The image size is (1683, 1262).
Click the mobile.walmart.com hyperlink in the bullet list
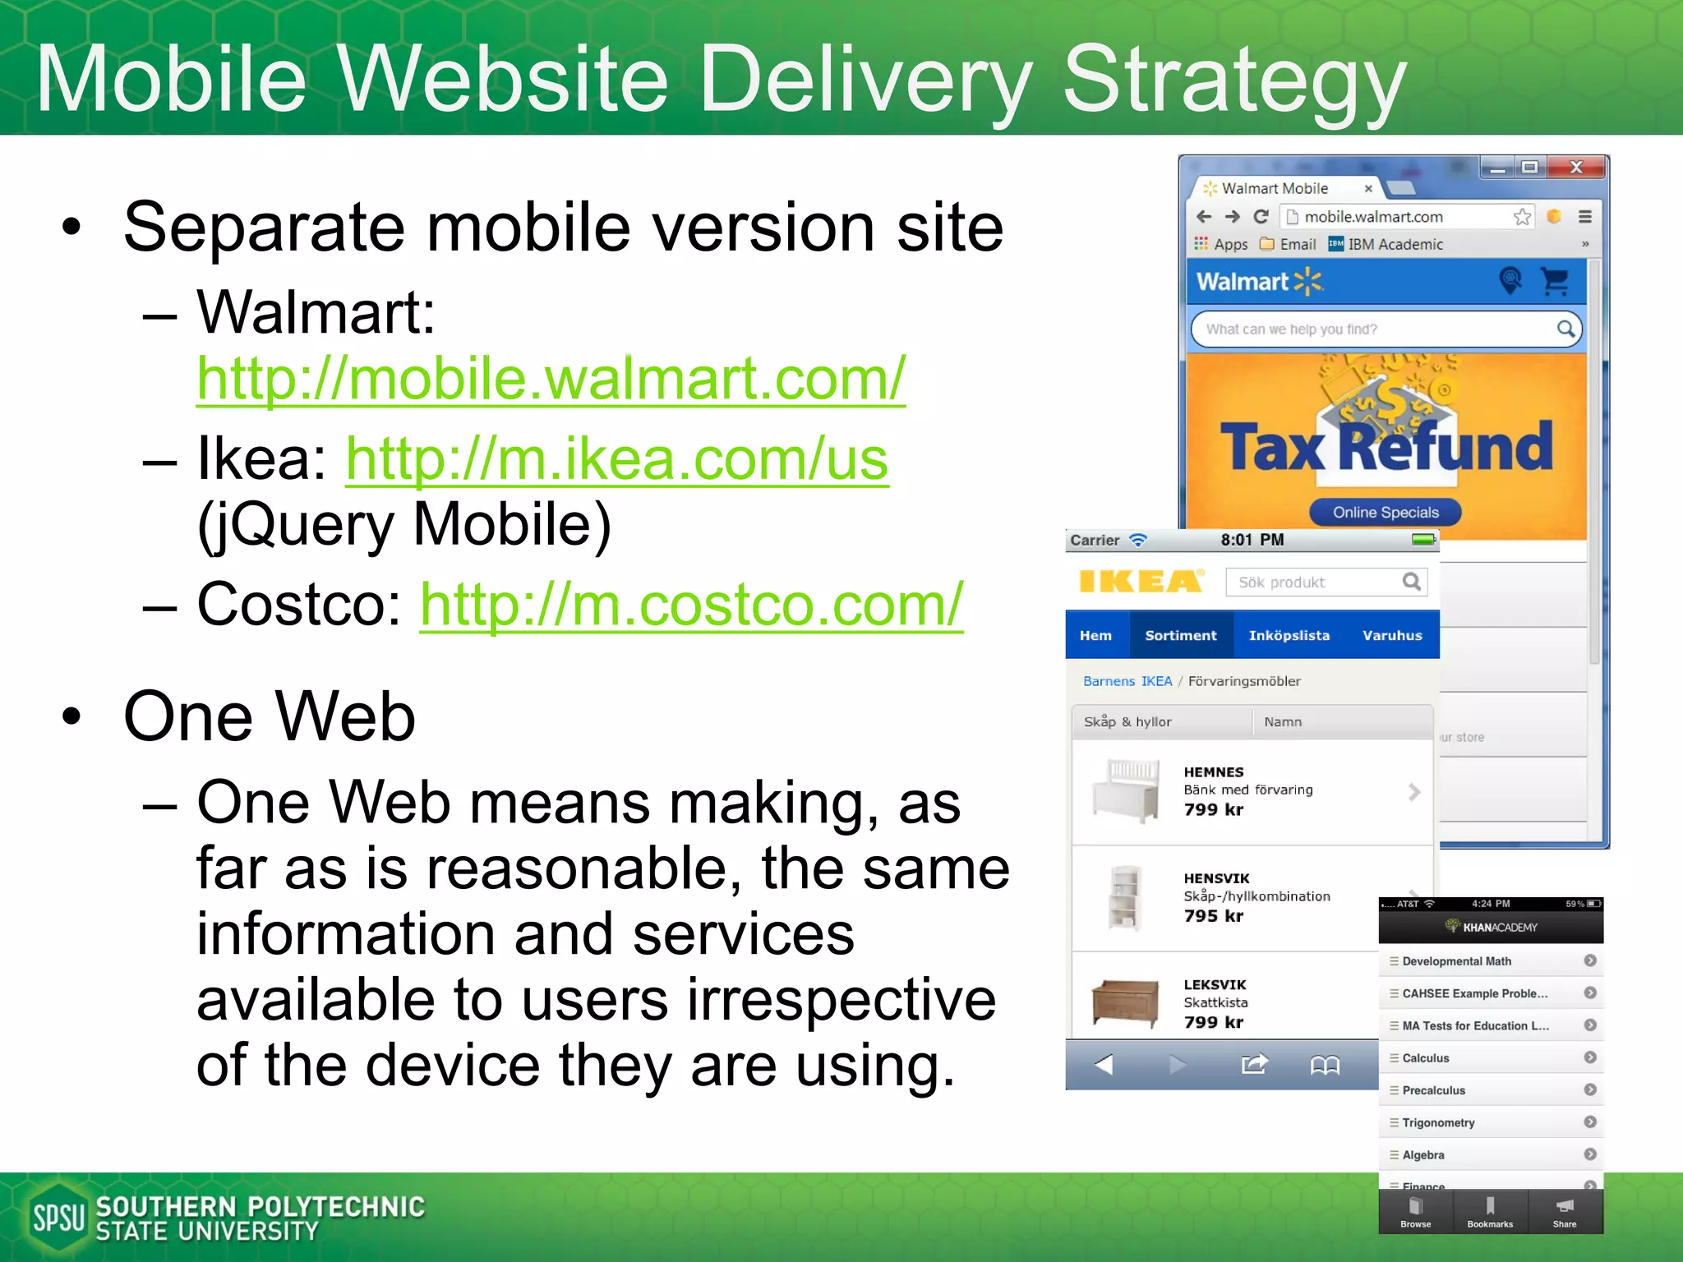click(x=551, y=379)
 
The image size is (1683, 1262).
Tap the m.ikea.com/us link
click(x=616, y=459)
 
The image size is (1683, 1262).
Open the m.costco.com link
click(x=691, y=605)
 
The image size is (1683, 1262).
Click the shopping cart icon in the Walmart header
click(x=1555, y=281)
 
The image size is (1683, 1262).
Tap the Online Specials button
click(x=1386, y=512)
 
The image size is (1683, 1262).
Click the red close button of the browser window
click(x=1576, y=168)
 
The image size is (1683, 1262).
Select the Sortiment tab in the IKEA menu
click(x=1180, y=635)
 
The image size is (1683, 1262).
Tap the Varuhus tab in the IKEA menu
click(x=1392, y=635)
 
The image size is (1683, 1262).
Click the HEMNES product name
click(x=1214, y=772)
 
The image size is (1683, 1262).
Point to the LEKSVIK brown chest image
click(x=1125, y=1003)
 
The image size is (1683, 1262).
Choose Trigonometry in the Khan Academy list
click(x=1438, y=1122)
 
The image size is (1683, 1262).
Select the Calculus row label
click(x=1426, y=1058)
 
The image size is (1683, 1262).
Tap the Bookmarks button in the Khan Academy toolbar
click(x=1490, y=1212)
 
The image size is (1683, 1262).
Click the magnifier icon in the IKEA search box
click(x=1411, y=582)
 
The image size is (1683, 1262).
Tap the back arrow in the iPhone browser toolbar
click(x=1104, y=1065)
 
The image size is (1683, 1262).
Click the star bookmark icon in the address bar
click(x=1522, y=217)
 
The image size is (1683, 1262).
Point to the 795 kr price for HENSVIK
click(x=1214, y=916)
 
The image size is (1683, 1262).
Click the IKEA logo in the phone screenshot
click(x=1141, y=581)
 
